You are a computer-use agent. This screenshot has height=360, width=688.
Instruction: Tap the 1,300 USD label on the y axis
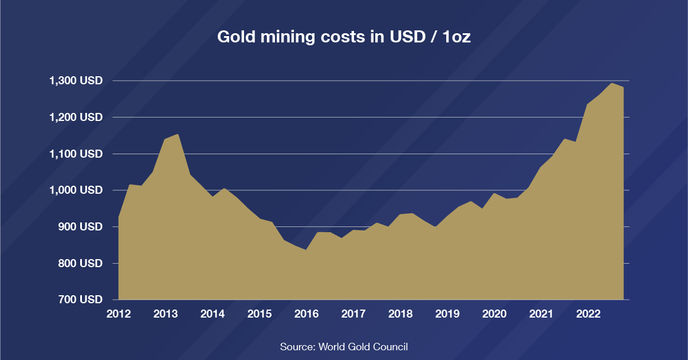[76, 81]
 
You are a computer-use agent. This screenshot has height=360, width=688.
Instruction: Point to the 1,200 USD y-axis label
[76, 118]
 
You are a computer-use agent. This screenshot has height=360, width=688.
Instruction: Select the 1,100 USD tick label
[76, 154]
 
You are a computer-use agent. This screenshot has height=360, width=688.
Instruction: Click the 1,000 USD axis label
[76, 190]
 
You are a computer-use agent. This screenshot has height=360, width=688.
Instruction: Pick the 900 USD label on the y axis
[80, 227]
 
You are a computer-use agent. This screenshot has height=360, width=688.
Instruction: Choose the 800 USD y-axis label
[80, 264]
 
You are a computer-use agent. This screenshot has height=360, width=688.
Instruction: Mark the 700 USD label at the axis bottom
[80, 300]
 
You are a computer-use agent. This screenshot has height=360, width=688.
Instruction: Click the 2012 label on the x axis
[119, 314]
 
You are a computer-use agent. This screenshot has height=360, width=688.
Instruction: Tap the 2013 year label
[166, 314]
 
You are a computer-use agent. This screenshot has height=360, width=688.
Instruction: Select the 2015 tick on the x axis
[260, 314]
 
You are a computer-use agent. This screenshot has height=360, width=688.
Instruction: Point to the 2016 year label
[306, 314]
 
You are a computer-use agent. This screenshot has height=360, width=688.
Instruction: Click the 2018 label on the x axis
[400, 314]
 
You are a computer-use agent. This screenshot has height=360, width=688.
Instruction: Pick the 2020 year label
[494, 314]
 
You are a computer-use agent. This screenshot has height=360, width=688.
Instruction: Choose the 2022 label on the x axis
[588, 314]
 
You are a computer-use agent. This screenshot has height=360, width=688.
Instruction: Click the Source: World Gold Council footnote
[344, 347]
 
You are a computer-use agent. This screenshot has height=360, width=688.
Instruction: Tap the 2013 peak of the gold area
[178, 135]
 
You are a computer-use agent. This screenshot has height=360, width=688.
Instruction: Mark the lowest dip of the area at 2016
[306, 250]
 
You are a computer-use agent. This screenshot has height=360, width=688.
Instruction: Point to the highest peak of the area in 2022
[612, 84]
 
